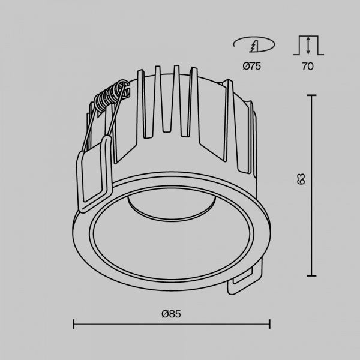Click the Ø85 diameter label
click(x=171, y=314)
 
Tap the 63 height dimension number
click(x=301, y=179)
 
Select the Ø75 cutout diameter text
click(x=252, y=66)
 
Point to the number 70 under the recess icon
click(x=308, y=66)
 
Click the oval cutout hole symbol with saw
click(x=254, y=44)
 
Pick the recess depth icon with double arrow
click(x=308, y=45)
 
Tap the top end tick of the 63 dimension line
click(x=311, y=95)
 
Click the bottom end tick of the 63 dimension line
click(x=311, y=276)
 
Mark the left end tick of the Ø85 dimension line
click(x=73, y=324)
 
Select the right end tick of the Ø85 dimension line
click(x=269, y=324)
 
